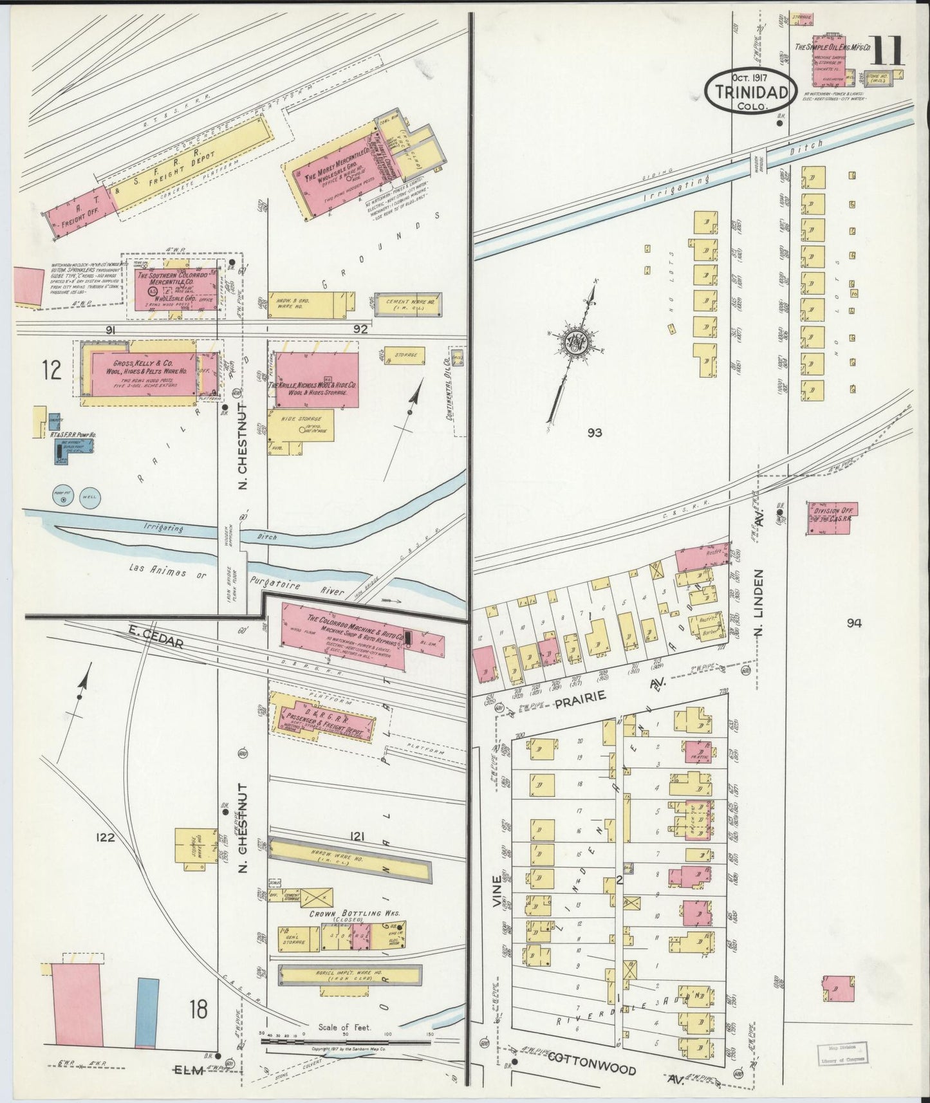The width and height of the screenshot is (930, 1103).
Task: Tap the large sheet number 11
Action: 887,51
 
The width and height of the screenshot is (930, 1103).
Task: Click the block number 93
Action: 594,433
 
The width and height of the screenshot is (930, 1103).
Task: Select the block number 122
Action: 105,837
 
